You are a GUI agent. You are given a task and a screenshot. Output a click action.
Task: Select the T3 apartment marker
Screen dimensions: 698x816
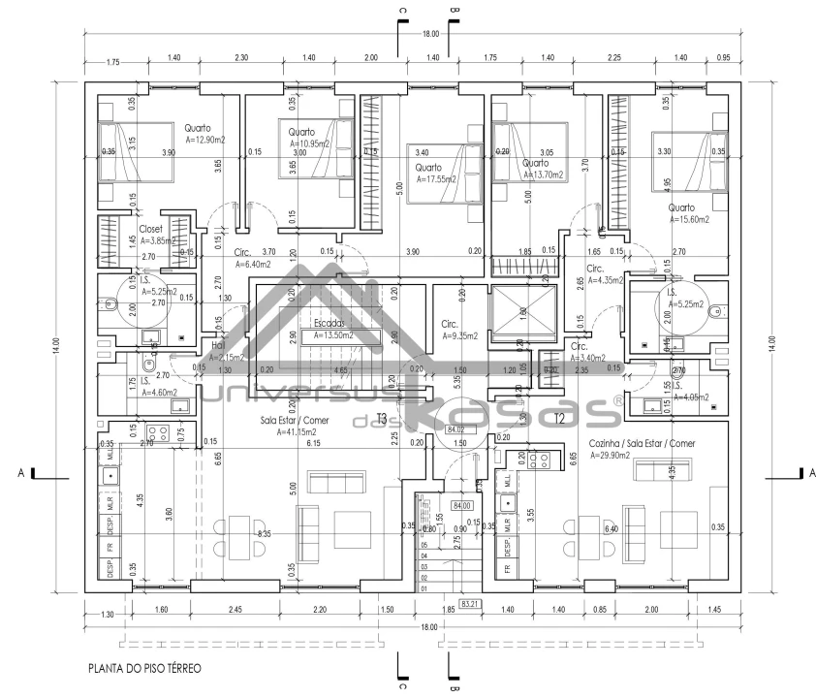tap(381, 418)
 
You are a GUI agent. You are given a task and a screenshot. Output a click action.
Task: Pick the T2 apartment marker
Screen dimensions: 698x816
tap(559, 418)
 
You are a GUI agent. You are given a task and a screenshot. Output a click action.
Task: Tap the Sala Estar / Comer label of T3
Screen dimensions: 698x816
tap(294, 421)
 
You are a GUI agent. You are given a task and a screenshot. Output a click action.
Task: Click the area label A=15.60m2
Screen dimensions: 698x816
tap(689, 220)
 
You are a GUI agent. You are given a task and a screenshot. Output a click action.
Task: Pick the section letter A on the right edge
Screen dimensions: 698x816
tap(802, 472)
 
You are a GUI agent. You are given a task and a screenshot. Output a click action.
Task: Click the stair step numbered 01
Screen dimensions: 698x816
tap(424, 588)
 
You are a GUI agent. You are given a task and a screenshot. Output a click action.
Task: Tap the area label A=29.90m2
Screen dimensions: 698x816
tap(614, 453)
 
